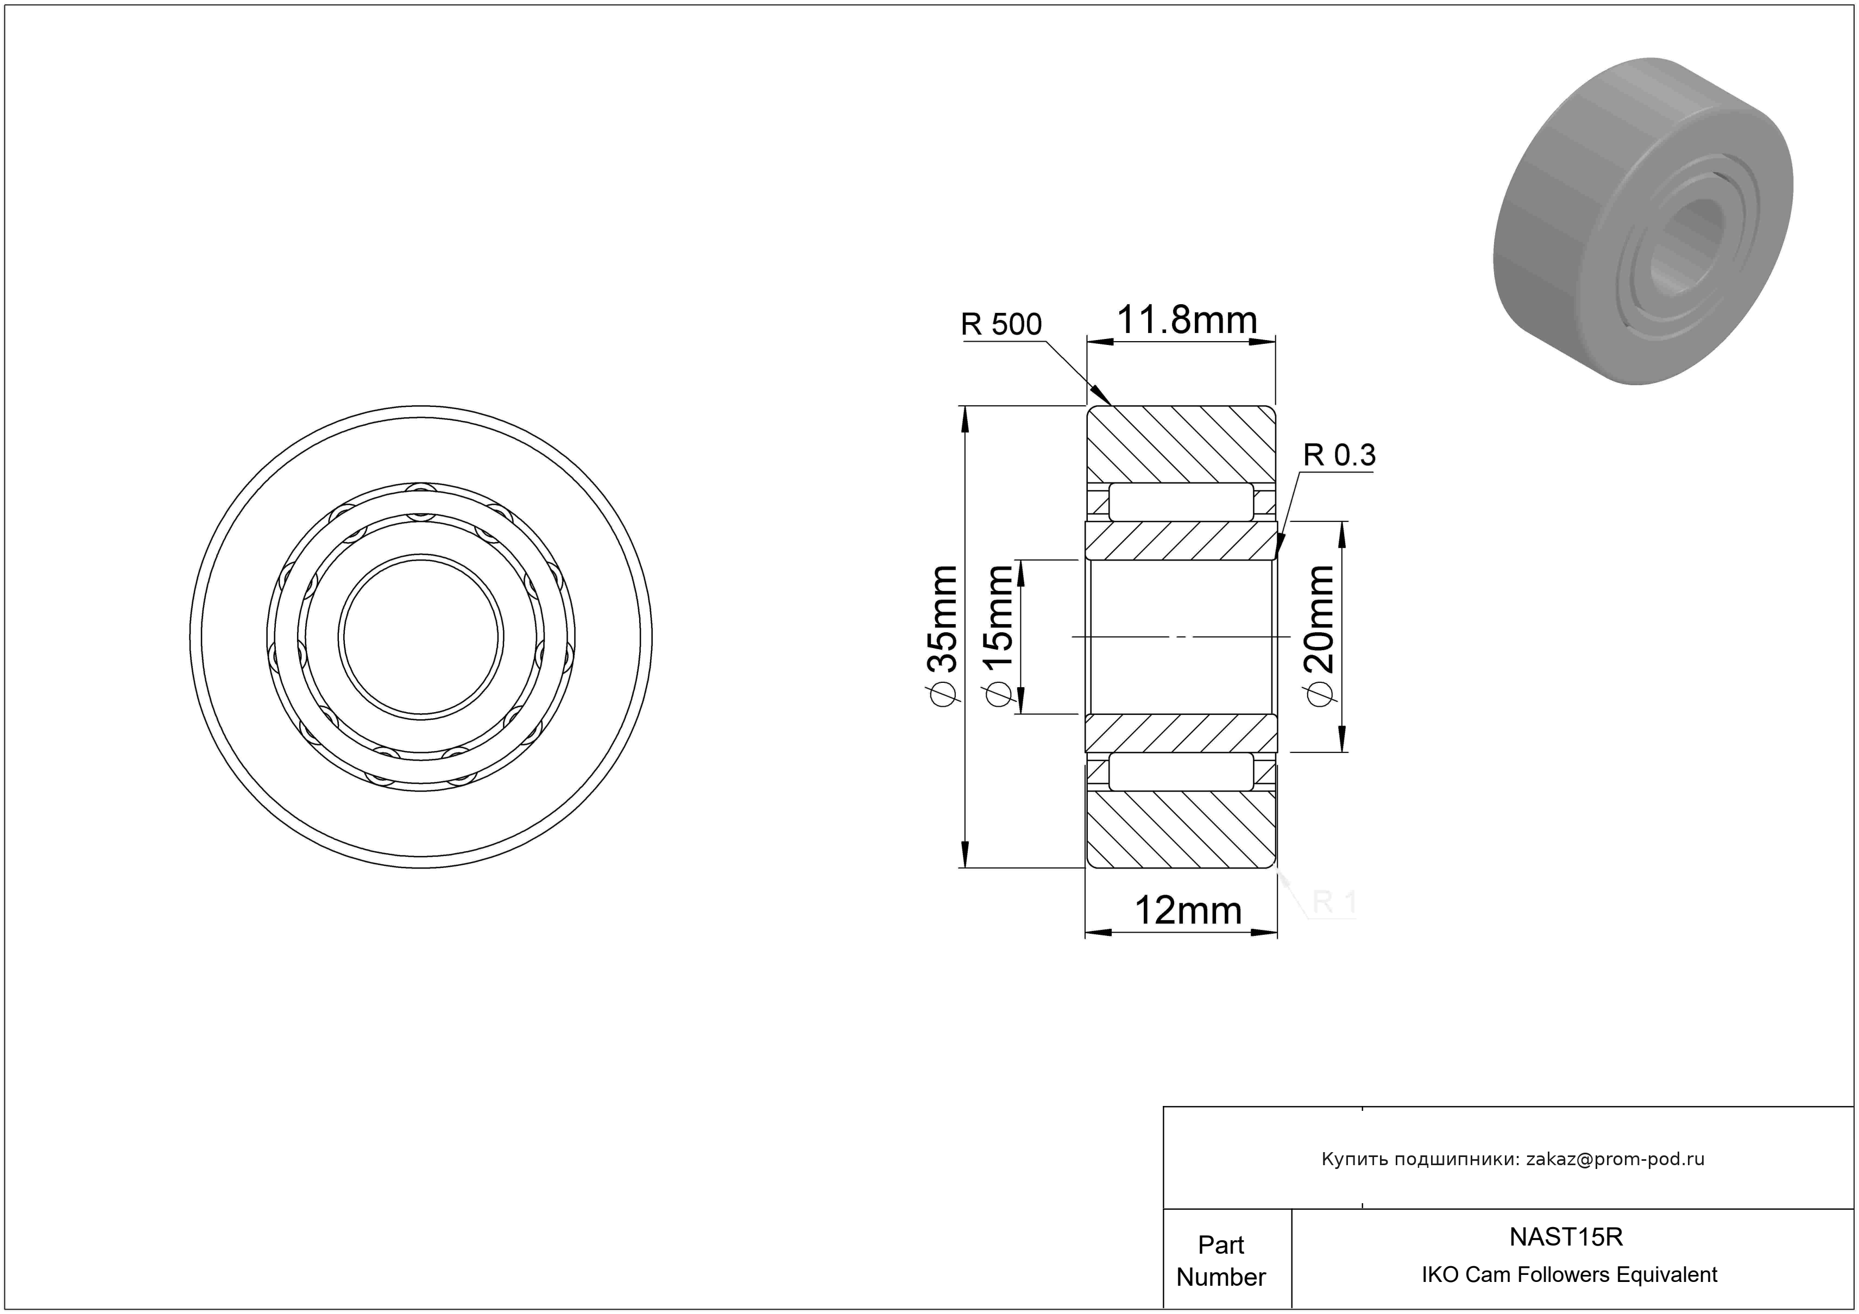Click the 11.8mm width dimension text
point(1187,320)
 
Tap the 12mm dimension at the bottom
point(1188,911)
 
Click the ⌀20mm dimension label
point(1319,636)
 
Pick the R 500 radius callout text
point(1001,325)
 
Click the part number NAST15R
point(1566,1237)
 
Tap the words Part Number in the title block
point(1221,1261)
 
